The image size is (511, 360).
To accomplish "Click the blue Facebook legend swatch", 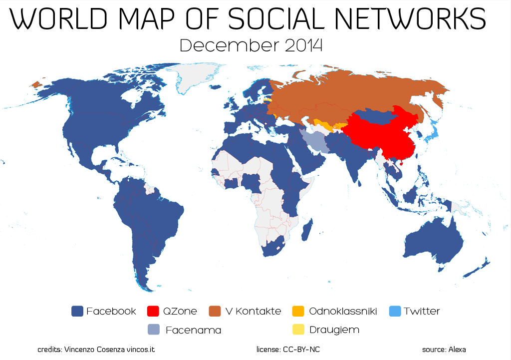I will click(77, 311).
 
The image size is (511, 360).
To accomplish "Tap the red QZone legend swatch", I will click(154, 311).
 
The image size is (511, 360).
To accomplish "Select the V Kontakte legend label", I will click(253, 311).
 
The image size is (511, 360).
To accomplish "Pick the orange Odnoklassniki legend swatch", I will click(297, 311).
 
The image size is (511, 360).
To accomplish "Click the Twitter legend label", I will click(422, 311).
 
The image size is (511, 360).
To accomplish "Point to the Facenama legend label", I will click(193, 330).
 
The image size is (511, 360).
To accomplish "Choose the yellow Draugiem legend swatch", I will click(297, 330).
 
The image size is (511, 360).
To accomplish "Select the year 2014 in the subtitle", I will click(304, 45).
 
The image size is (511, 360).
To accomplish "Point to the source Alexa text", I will click(444, 350).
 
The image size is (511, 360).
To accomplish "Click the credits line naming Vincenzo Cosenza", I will click(96, 350).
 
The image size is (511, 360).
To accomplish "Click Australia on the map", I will click(434, 245).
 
